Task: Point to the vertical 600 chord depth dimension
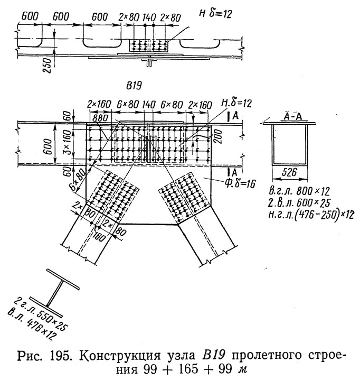tap(48, 143)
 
